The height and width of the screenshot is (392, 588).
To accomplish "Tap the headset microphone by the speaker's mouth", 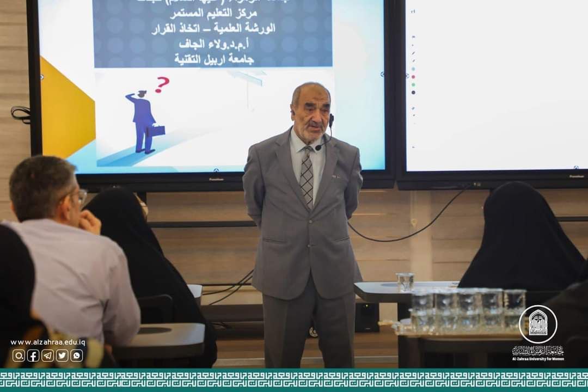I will click(x=318, y=147).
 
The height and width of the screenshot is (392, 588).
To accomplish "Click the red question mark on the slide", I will click(x=162, y=84).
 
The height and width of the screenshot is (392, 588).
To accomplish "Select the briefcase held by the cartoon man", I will click(x=156, y=131).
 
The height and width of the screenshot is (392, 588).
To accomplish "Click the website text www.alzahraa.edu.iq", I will click(x=48, y=342).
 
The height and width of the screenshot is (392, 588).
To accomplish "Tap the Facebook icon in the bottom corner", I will click(x=33, y=356).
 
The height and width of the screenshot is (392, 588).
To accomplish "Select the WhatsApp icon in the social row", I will click(x=77, y=356).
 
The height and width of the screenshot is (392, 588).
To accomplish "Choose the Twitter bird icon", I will click(x=62, y=356).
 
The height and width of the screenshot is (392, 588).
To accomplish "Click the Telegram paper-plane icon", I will click(x=48, y=356).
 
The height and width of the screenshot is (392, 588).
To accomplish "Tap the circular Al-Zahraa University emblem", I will click(x=538, y=324).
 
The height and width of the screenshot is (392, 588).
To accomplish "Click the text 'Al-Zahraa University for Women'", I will click(x=538, y=358).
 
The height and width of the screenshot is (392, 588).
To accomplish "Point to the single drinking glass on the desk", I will click(x=405, y=282).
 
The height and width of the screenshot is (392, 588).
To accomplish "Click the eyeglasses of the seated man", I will click(x=81, y=196).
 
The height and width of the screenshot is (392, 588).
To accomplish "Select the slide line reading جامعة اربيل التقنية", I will click(x=214, y=59).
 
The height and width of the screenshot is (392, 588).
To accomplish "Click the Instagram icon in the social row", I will click(x=19, y=356).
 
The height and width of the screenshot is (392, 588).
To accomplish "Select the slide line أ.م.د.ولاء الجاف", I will click(x=214, y=44).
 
